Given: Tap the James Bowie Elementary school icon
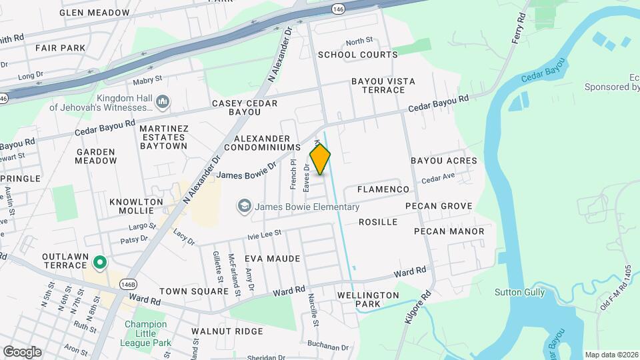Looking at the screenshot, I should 244,207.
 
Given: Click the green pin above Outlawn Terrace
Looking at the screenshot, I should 100,263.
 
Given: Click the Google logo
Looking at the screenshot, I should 22,351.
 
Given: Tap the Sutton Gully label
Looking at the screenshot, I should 519,292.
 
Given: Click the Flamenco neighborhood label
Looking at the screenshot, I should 383,189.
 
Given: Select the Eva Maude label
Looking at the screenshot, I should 272,258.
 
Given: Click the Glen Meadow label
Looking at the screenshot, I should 95,13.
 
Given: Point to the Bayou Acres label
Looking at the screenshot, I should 443,161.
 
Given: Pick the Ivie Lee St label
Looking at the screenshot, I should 265,234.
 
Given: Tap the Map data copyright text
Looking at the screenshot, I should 611,355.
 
